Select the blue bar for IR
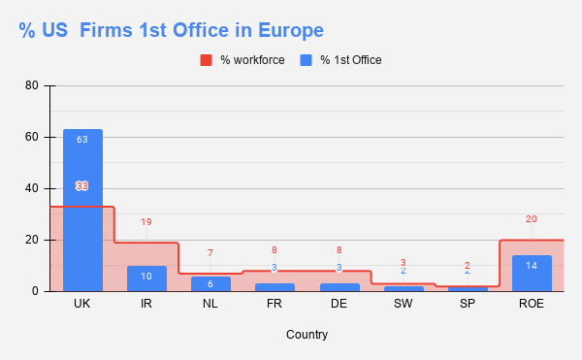click(146, 278)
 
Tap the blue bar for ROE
click(532, 274)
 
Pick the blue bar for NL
click(210, 283)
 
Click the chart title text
click(171, 30)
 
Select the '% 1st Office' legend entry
click(340, 60)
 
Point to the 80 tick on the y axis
click(32, 85)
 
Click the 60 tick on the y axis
click(32, 137)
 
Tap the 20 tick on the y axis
click(32, 240)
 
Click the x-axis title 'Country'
click(307, 335)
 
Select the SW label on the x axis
click(403, 305)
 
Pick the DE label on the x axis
click(339, 305)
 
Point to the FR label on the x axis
click(275, 305)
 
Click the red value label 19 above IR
click(146, 222)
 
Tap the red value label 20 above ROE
click(532, 219)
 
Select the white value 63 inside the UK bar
click(82, 140)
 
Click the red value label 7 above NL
click(210, 253)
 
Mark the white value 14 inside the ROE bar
click(532, 265)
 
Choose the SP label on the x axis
click(467, 305)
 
